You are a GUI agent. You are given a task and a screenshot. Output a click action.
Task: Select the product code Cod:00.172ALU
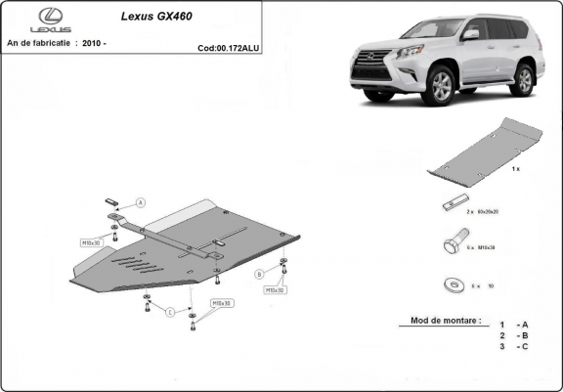(x=229, y=47)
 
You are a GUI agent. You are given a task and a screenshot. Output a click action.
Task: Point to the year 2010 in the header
(x=97, y=44)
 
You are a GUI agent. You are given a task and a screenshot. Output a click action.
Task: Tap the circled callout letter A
(x=140, y=202)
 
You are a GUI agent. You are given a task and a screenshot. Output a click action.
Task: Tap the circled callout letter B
(x=259, y=273)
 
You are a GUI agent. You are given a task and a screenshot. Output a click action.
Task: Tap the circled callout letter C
(x=168, y=312)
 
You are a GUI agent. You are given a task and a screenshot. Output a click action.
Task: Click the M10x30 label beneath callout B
(x=275, y=290)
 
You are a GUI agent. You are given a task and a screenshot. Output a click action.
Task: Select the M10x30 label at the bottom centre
(x=222, y=304)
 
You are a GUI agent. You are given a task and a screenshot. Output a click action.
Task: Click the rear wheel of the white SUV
(x=525, y=79)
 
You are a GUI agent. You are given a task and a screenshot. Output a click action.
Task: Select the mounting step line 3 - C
(x=514, y=346)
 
